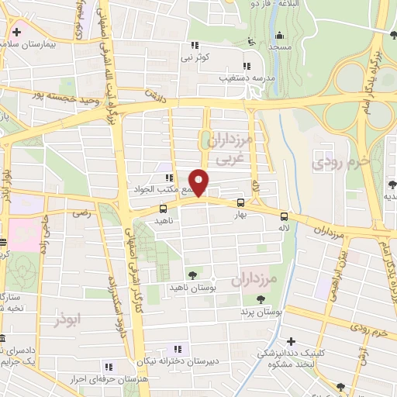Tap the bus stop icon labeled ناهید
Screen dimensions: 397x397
point(162,208)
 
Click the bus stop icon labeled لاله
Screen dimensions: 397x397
point(285,216)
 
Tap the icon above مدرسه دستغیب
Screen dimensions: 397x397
point(247,66)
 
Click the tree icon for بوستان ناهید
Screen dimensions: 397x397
point(192,274)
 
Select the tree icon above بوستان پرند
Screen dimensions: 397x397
point(261,298)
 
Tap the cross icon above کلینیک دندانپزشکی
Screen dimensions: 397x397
point(291,340)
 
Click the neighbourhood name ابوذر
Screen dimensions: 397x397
point(67,318)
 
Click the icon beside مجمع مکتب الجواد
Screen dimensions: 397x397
point(169,178)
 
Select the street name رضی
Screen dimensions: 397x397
point(81,212)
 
